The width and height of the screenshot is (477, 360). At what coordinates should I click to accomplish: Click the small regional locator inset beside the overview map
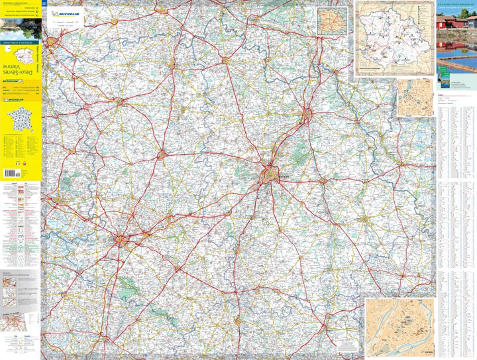[x=331, y=22]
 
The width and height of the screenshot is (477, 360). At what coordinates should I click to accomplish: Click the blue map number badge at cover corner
[x=44, y=4]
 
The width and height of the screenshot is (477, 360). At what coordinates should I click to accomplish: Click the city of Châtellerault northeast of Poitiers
[x=307, y=115]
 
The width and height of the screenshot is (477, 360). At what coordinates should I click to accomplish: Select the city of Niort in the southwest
[x=121, y=238]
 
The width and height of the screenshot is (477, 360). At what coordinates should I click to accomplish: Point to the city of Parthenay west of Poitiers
[x=162, y=154]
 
